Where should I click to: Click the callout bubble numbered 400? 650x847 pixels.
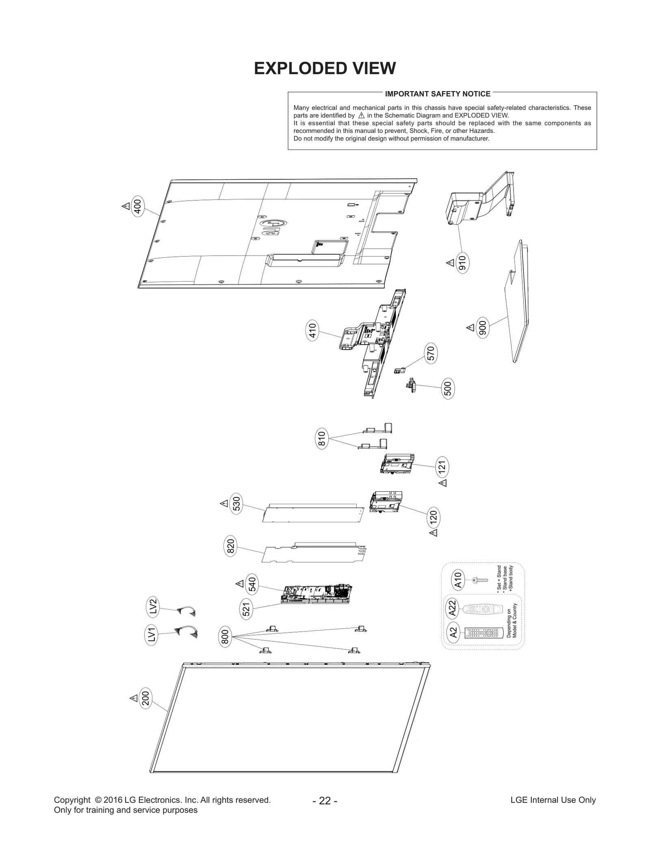(138, 206)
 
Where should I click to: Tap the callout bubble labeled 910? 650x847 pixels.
(463, 263)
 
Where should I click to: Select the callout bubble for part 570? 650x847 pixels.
(431, 353)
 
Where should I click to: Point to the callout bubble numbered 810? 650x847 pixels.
(321, 439)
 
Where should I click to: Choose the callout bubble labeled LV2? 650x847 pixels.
(153, 607)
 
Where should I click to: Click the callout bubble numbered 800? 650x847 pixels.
(225, 636)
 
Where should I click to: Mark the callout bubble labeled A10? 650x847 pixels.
(458, 580)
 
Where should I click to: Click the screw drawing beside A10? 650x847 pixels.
(480, 580)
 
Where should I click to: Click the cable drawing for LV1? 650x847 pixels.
(186, 632)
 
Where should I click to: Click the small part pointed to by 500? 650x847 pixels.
(412, 384)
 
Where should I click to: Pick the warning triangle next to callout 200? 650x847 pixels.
(134, 698)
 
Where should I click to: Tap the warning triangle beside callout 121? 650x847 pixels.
(443, 483)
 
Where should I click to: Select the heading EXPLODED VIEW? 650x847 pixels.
(325, 68)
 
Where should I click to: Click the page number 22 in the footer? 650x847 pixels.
(325, 801)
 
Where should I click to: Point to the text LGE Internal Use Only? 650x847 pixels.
(553, 800)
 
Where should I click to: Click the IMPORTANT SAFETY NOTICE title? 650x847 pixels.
(438, 94)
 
